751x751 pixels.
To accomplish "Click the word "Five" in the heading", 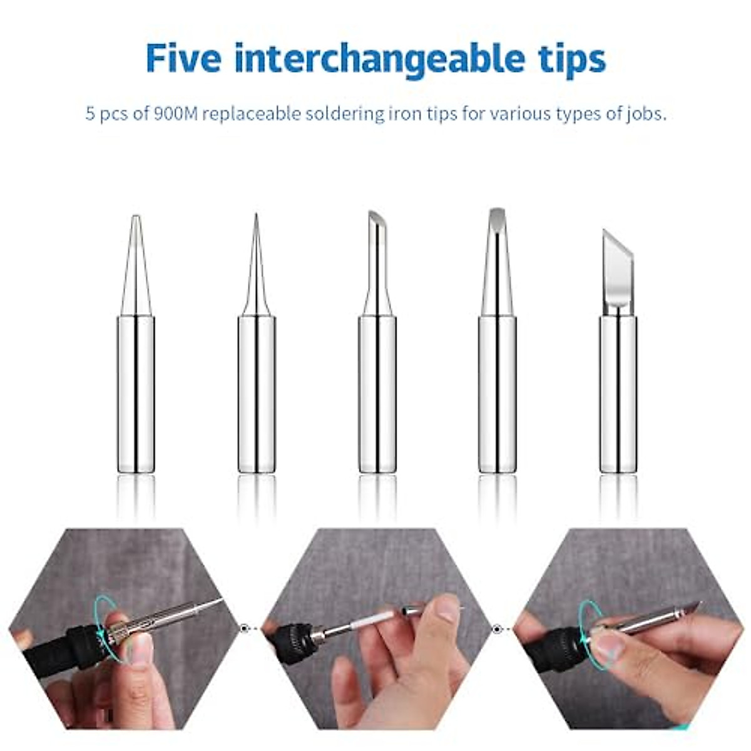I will tap(183, 58).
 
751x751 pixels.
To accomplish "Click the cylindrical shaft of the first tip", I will tap(136, 394).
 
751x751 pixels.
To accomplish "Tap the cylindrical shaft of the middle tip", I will tap(377, 394).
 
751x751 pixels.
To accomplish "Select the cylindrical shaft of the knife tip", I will tap(618, 394).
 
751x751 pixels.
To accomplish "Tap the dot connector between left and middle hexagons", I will tap(244, 628).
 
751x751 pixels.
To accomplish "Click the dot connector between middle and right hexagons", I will tap(498, 628).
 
